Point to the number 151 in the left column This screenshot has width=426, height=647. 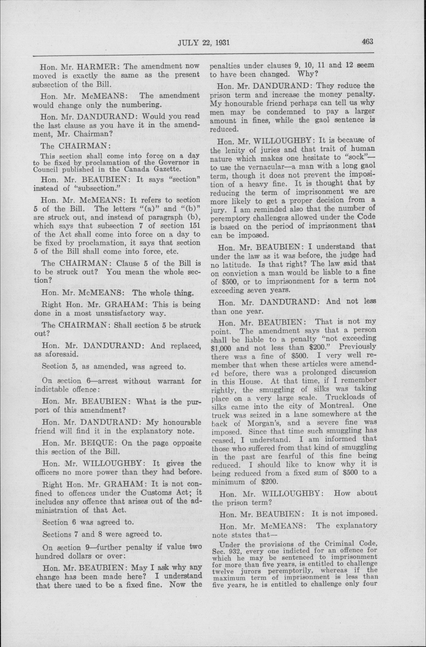click(194, 226)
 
